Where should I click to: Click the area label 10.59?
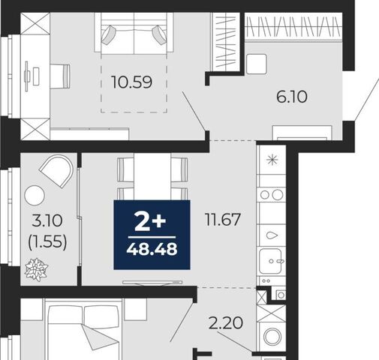(x=132, y=82)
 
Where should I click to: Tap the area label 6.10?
(x=292, y=97)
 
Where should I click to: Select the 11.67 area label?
(x=223, y=220)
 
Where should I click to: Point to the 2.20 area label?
(x=226, y=322)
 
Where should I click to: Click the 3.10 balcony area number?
(x=47, y=221)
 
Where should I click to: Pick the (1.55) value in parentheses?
(x=47, y=242)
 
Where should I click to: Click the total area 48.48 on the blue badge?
(x=152, y=249)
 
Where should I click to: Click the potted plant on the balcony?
(x=37, y=269)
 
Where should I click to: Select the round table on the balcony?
(x=35, y=196)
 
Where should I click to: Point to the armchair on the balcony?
(x=57, y=170)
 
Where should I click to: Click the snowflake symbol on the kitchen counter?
(x=272, y=160)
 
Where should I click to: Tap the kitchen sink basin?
(x=270, y=262)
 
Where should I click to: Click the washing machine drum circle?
(x=272, y=337)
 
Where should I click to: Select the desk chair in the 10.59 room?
(x=60, y=76)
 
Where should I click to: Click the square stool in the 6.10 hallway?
(x=257, y=64)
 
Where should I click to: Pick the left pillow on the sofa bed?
(x=108, y=35)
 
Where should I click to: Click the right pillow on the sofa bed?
(x=159, y=35)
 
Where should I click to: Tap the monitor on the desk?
(x=26, y=76)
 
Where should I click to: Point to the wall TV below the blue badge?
(x=152, y=283)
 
